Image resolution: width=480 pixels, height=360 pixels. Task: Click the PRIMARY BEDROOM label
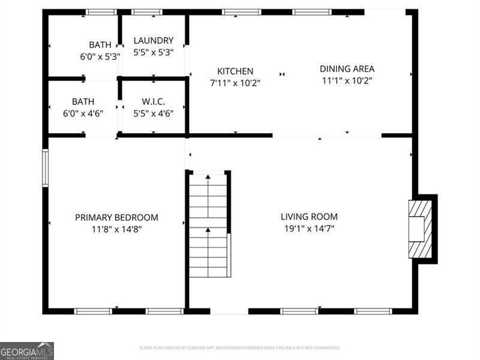point(116,217)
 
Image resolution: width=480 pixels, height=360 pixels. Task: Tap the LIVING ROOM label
point(309,217)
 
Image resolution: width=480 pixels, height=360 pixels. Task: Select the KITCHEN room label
point(235,71)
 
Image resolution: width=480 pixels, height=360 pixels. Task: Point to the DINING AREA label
point(347,69)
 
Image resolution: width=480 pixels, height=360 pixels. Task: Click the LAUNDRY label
point(154,41)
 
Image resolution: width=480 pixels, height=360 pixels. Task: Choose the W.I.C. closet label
point(154,102)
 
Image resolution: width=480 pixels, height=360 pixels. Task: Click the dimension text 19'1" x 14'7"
point(309,229)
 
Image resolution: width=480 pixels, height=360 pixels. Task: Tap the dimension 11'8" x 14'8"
point(116,229)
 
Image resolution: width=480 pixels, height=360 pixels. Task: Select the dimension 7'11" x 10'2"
point(235,83)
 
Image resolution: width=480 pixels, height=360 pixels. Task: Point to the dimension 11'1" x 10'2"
point(347,80)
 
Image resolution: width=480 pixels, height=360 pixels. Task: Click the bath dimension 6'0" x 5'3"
point(100,56)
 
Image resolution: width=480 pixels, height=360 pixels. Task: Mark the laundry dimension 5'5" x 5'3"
point(154,52)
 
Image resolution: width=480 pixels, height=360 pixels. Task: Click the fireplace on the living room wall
point(420,229)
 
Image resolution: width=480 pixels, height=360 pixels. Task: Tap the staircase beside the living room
point(208,225)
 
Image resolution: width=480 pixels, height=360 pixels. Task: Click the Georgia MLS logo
point(27,350)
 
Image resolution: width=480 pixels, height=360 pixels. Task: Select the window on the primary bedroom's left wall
point(45,168)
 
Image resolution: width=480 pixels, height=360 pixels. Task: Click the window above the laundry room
point(146,11)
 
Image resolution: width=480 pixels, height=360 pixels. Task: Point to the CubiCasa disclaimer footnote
point(240,348)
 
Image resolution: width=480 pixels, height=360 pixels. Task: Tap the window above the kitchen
point(241,11)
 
